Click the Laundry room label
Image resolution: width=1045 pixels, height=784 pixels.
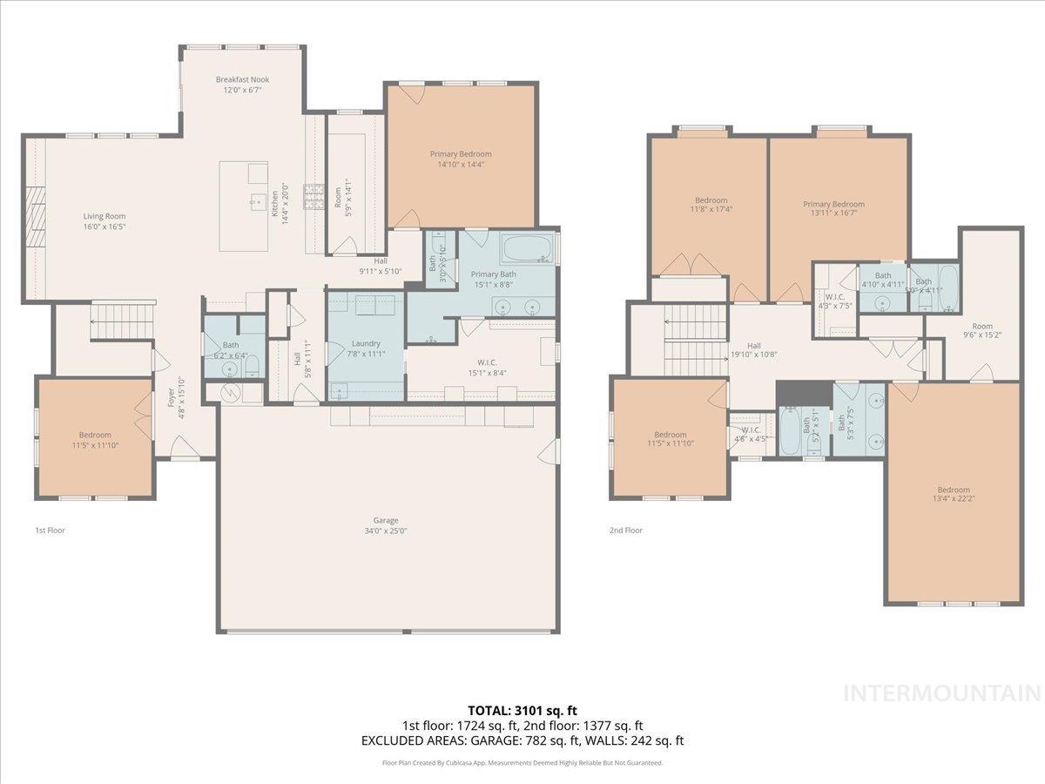click(366, 344)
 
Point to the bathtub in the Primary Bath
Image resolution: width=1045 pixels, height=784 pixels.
click(527, 249)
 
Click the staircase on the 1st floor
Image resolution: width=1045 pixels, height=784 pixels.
click(122, 321)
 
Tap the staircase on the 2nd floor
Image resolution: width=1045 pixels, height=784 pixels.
click(695, 341)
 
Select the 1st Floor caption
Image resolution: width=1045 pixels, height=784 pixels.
click(50, 530)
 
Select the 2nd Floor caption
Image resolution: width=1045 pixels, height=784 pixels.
click(625, 530)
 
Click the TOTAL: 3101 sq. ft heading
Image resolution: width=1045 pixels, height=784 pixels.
click(522, 710)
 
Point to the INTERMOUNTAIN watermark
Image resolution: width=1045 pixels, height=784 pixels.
click(943, 693)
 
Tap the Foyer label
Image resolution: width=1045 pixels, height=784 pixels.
click(171, 398)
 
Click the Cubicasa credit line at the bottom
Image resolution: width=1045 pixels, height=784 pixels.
click(522, 763)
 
